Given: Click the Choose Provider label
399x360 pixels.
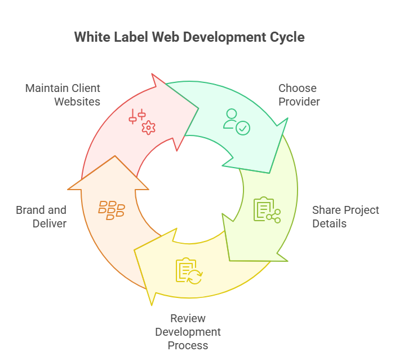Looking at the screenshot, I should (x=299, y=95).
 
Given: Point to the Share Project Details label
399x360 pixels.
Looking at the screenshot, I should (x=345, y=217).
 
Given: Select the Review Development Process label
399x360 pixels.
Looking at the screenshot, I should (x=188, y=332).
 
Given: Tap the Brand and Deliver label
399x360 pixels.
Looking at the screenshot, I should (x=41, y=217).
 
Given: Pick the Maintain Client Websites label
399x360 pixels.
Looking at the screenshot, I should (x=63, y=95).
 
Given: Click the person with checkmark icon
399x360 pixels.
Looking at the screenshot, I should (x=236, y=121).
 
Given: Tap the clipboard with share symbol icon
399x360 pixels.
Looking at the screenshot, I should (x=267, y=209).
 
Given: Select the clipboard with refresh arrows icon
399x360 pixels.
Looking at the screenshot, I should (x=189, y=270).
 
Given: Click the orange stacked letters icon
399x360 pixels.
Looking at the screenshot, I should (x=112, y=209).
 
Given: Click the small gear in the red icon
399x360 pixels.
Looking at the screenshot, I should (x=148, y=128).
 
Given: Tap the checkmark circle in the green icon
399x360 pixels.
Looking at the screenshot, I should (x=243, y=129).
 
